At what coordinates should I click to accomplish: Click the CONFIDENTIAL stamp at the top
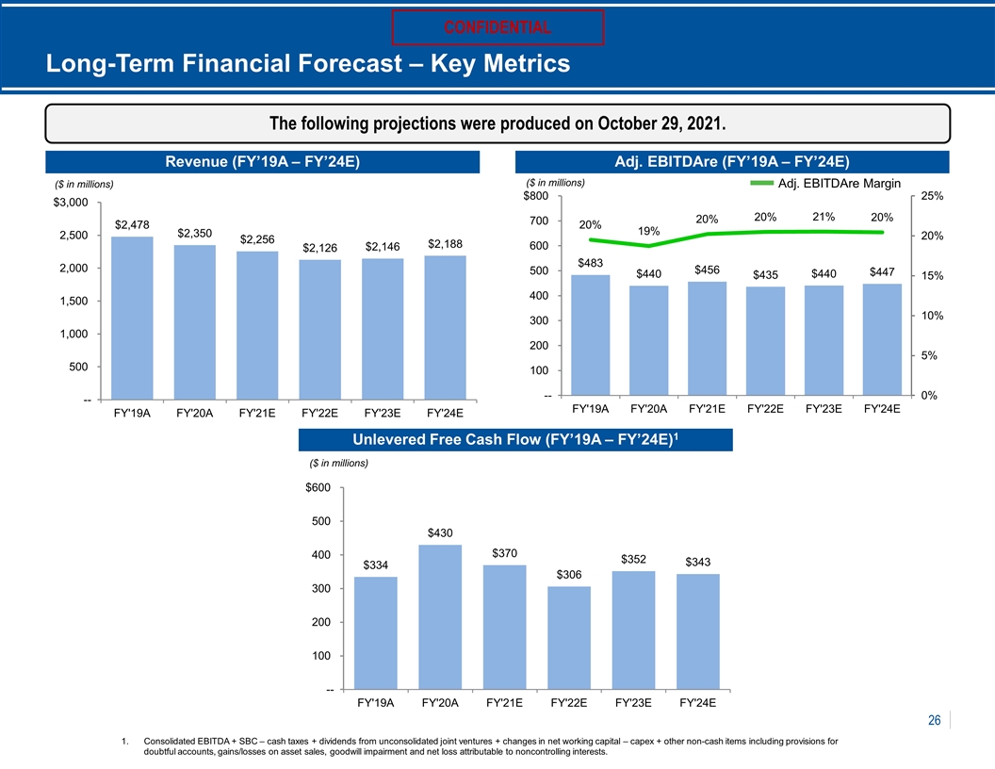point(497,27)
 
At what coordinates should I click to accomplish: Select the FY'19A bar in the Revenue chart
point(132,318)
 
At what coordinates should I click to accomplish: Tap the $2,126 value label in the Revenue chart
point(319,248)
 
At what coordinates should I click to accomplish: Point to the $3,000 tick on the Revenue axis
point(71,203)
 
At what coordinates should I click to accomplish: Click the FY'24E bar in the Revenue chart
point(445,327)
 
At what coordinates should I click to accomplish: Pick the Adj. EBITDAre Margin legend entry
point(825,184)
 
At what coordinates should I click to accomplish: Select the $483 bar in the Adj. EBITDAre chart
point(590,335)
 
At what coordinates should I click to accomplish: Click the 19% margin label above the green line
point(648,231)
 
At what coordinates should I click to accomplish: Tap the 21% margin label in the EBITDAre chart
point(824,217)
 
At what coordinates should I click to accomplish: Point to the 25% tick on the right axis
point(932,196)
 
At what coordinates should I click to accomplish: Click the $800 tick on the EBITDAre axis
point(535,195)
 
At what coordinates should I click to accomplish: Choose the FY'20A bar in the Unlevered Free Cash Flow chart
point(440,616)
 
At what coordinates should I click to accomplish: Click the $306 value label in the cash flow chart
point(568,574)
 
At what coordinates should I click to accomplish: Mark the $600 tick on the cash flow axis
point(318,487)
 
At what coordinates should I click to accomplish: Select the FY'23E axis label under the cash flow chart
point(633,702)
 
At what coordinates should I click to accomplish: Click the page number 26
point(934,720)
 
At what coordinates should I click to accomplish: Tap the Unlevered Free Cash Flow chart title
point(515,439)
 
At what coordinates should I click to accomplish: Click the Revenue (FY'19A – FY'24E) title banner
point(262,162)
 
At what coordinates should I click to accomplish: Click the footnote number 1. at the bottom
point(125,741)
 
